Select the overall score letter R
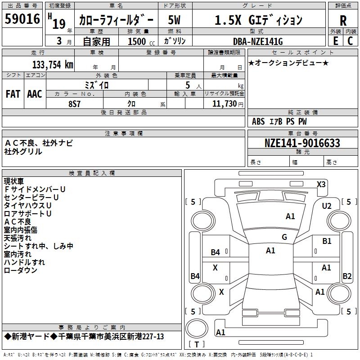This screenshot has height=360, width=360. [x=343, y=20]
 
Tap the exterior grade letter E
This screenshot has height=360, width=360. [x=335, y=40]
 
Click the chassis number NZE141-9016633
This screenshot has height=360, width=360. [x=302, y=144]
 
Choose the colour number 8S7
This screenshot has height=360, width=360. [x=75, y=104]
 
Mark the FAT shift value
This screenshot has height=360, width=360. [x=13, y=94]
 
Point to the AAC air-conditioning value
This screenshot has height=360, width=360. [x=35, y=94]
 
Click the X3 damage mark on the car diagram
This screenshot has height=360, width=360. [x=321, y=184]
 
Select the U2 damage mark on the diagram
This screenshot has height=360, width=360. [x=327, y=206]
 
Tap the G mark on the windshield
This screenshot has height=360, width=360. [x=284, y=237]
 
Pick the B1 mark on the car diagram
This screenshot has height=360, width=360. [x=327, y=242]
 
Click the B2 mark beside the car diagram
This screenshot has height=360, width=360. [x=347, y=276]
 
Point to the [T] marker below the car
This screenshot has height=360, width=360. [x=196, y=344]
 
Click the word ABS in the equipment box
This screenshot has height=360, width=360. [x=258, y=121]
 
